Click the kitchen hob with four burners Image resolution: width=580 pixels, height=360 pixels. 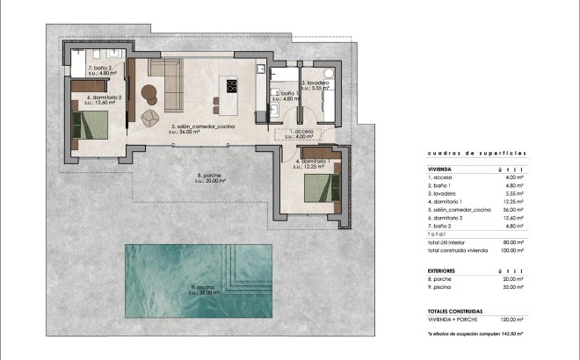pyautogui.click(x=232, y=86)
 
